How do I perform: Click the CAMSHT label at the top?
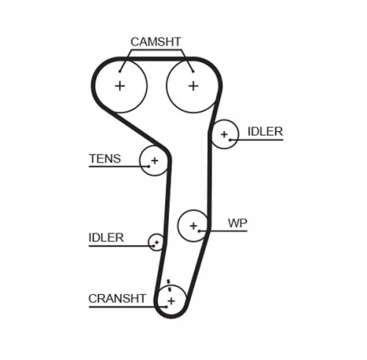(x=155, y=42)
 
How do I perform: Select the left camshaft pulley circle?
(x=120, y=86)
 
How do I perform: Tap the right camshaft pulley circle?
(x=192, y=86)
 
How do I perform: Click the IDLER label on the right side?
(x=264, y=131)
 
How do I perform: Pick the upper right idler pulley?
(x=225, y=134)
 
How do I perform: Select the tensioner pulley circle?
(x=154, y=161)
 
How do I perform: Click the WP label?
(x=236, y=222)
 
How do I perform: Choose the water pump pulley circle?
(x=194, y=226)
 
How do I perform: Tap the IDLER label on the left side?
(x=106, y=238)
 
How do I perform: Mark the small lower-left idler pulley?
(x=156, y=241)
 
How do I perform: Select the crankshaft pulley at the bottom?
(x=170, y=300)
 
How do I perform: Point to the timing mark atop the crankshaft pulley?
(x=169, y=284)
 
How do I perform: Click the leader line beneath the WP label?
(x=229, y=232)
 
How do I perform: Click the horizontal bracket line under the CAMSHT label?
(x=155, y=52)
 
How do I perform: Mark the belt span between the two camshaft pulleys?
(x=156, y=60)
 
